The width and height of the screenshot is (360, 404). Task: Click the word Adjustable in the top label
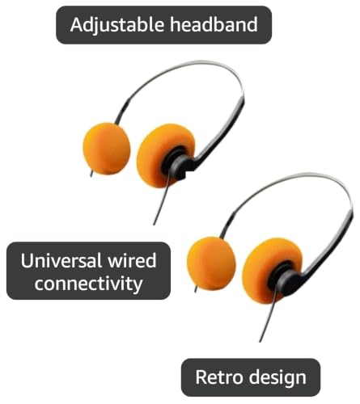pyautogui.click(x=117, y=25)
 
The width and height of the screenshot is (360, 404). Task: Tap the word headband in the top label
pyautogui.click(x=214, y=24)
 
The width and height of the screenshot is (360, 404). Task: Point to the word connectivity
pyautogui.click(x=88, y=284)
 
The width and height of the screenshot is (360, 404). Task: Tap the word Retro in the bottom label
pyautogui.click(x=219, y=377)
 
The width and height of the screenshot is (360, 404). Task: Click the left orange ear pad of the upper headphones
pyautogui.click(x=107, y=149)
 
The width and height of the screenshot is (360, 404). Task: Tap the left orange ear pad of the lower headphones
pyautogui.click(x=211, y=263)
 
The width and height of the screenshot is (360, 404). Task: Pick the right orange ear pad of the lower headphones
pyautogui.click(x=271, y=270)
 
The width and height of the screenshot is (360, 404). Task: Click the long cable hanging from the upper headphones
pyautogui.click(x=162, y=199)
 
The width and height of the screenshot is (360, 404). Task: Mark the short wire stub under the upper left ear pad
pyautogui.click(x=92, y=173)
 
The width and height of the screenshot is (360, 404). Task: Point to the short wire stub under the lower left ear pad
pyautogui.click(x=196, y=288)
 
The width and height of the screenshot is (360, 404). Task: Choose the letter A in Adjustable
pyautogui.click(x=76, y=24)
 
